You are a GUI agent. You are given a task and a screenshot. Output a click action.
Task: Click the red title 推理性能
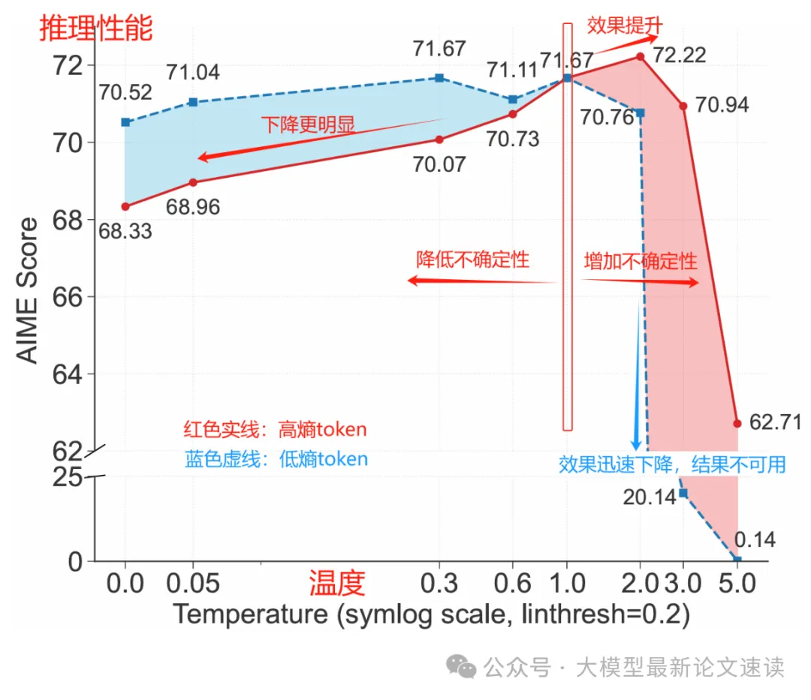(96, 29)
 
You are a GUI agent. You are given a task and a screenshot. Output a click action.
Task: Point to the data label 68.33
(125, 231)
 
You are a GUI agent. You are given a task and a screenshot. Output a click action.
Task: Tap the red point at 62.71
(737, 424)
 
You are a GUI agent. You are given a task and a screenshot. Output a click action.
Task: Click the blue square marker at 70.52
(125, 122)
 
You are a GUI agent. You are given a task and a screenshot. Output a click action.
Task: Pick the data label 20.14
(650, 497)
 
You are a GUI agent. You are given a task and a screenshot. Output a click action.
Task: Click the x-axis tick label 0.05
(193, 583)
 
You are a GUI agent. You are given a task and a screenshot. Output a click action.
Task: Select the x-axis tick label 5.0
(737, 583)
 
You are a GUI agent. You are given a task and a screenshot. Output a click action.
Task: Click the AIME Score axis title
(29, 291)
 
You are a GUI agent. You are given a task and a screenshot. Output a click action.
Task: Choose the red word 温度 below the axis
(337, 582)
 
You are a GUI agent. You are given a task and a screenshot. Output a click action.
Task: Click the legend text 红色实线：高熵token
(275, 430)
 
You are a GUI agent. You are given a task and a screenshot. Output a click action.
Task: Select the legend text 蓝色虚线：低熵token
(276, 459)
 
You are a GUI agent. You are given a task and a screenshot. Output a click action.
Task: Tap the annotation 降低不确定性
(472, 260)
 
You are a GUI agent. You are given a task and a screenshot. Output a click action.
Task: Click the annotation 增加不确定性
(641, 261)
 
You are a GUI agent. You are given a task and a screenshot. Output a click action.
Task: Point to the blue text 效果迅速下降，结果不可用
(672, 464)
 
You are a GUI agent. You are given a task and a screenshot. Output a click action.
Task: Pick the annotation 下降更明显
(308, 125)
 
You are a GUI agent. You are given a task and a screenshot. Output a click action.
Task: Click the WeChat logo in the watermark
(461, 665)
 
